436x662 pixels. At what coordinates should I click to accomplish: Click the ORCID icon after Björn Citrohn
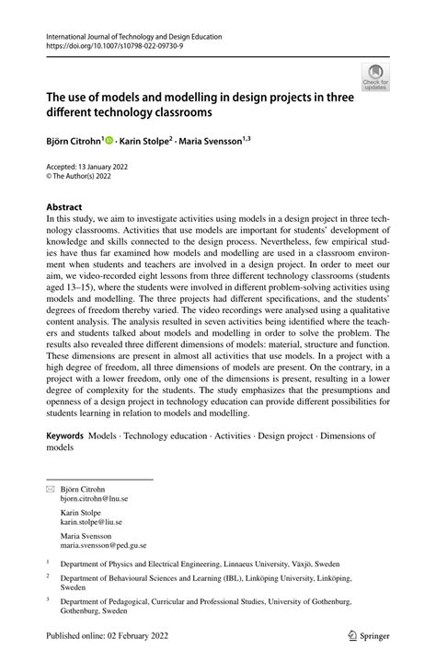(109, 141)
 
